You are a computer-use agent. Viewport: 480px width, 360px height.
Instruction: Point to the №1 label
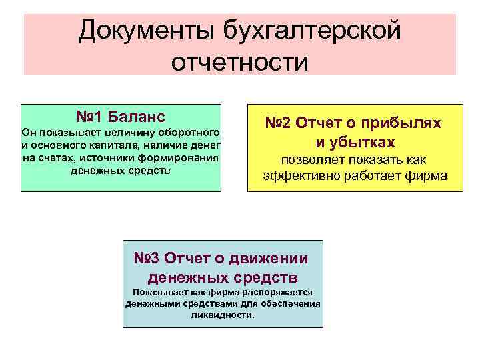[89, 116]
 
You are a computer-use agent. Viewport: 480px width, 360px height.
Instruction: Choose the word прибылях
[408, 123]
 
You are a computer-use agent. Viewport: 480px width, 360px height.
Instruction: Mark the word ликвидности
[222, 315]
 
